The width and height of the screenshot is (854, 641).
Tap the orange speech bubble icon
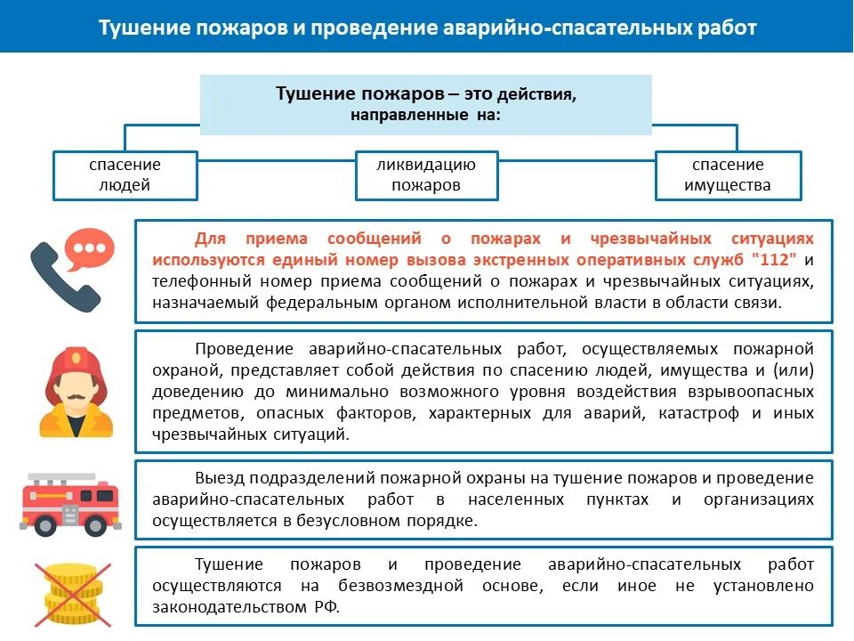tap(93, 250)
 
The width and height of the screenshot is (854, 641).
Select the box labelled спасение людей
tap(125, 175)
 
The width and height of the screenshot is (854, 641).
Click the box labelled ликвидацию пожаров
tap(426, 175)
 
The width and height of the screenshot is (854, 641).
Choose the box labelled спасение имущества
tap(728, 175)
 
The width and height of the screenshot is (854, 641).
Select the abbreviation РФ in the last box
tap(326, 607)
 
